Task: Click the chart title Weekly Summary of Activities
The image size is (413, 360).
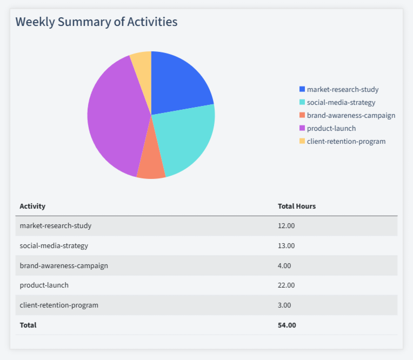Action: [96, 22]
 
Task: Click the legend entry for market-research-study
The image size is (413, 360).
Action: [342, 89]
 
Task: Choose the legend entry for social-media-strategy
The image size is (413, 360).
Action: [341, 102]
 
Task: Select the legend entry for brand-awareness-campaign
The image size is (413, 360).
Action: [350, 115]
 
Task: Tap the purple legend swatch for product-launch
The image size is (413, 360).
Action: [302, 128]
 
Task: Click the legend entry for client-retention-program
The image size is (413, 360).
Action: [346, 141]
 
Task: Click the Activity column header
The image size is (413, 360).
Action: [32, 206]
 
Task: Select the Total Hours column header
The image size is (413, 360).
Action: [296, 206]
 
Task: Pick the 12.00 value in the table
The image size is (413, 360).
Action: [286, 225]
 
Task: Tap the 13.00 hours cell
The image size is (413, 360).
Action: [286, 245]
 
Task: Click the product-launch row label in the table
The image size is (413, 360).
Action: [44, 285]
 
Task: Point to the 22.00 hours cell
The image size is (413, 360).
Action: [286, 285]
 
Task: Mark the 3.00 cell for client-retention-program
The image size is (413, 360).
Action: [284, 305]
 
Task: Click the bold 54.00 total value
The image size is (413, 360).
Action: [287, 325]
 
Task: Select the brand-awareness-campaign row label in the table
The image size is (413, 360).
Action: [64, 265]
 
